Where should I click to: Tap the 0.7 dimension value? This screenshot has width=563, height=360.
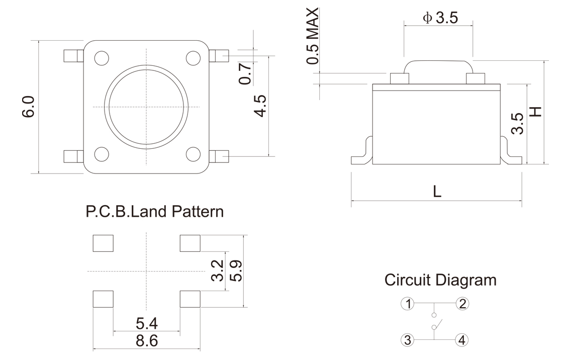[245, 74]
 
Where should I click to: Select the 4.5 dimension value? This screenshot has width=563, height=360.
[260, 106]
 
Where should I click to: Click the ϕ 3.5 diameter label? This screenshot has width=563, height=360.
[440, 18]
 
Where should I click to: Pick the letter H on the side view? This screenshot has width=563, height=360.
[537, 111]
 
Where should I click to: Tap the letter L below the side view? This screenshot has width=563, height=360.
[437, 192]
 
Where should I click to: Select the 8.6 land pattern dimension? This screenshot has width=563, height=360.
[147, 341]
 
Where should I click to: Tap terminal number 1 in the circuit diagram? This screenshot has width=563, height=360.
[408, 303]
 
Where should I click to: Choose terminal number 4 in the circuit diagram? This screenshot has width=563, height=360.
[461, 340]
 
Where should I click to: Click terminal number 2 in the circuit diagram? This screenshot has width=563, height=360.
[462, 303]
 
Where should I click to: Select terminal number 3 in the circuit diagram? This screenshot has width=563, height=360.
[408, 340]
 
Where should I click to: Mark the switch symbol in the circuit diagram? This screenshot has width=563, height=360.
[435, 322]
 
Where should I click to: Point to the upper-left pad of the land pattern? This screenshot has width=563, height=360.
[103, 243]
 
